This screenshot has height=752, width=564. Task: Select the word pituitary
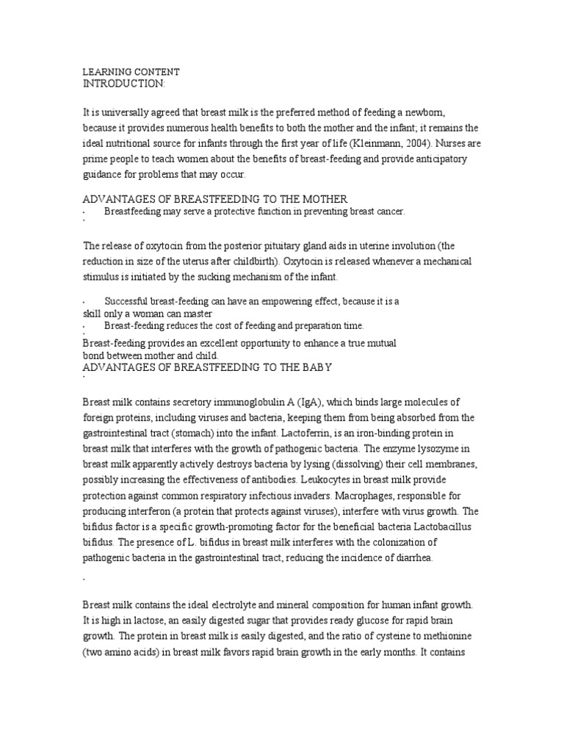pos(265,245)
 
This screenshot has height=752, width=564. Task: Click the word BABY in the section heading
pos(323,366)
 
